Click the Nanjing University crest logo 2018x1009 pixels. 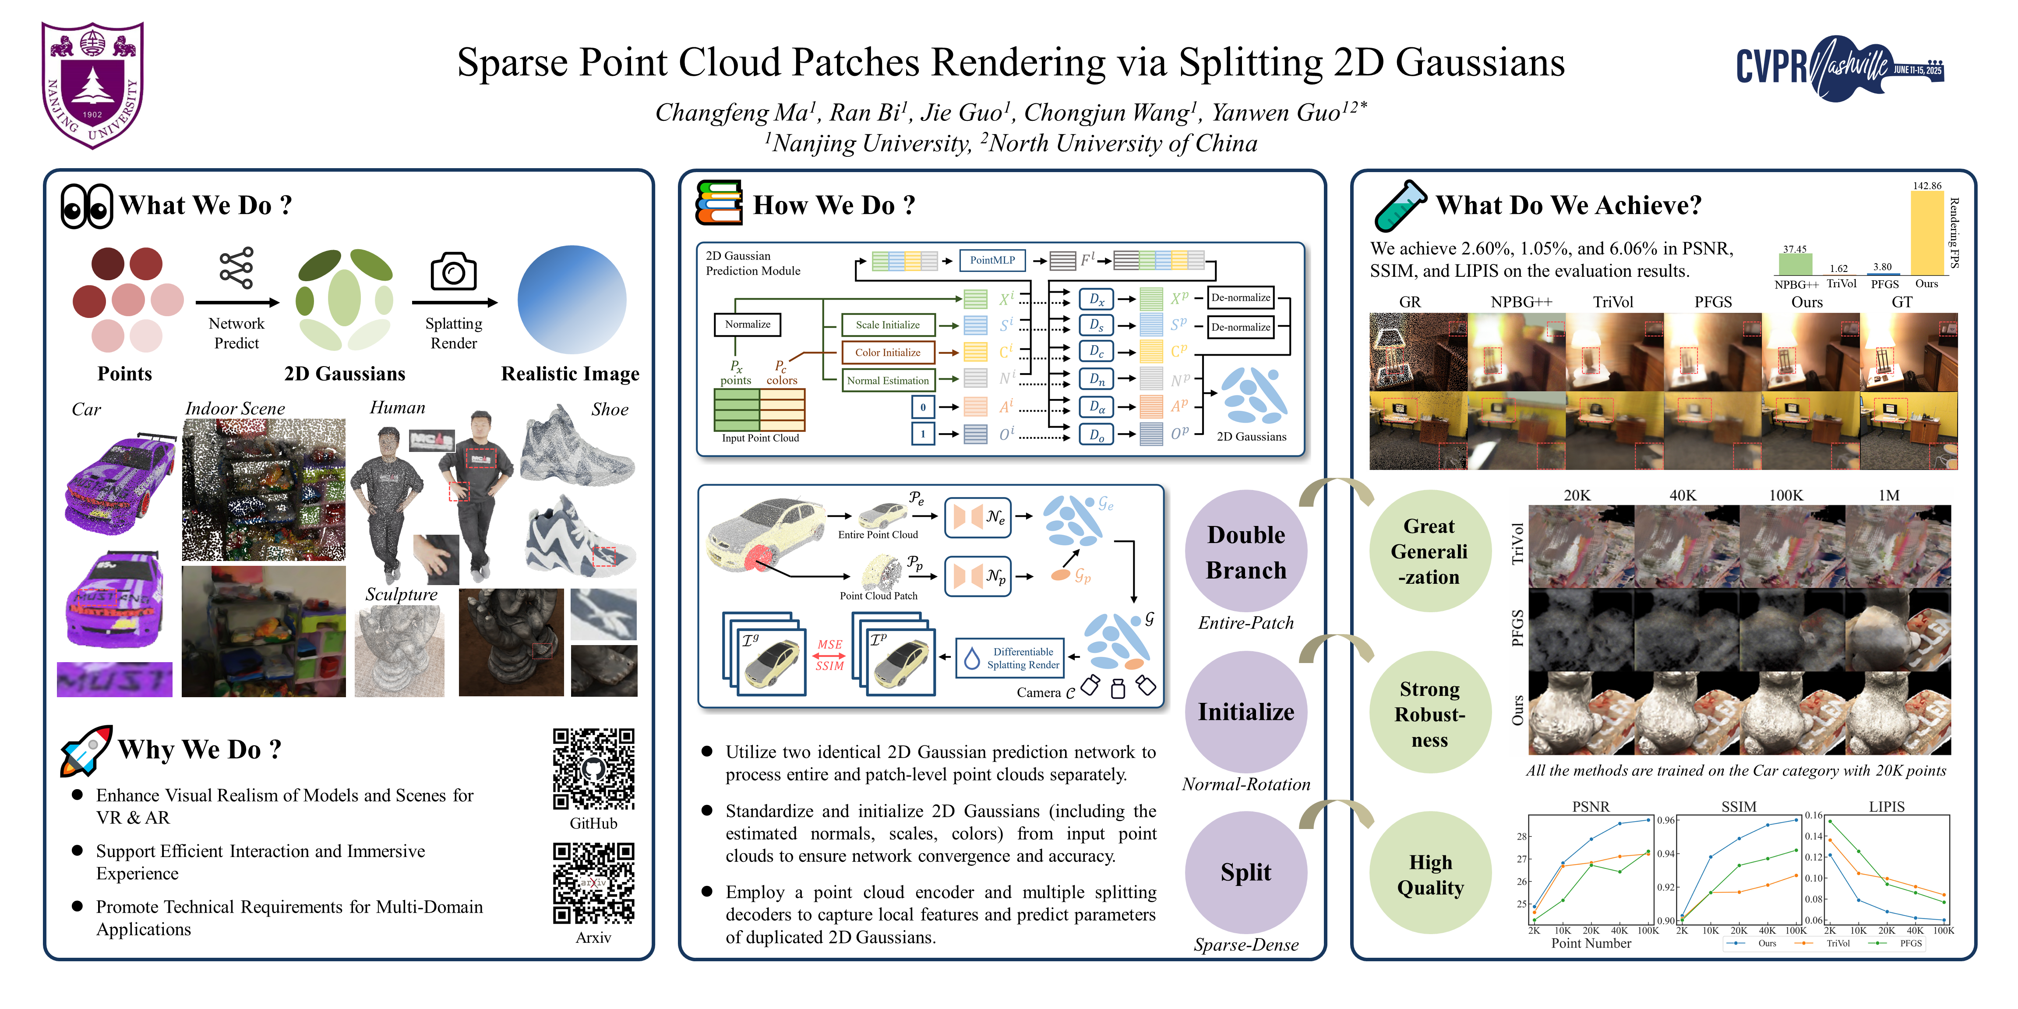[92, 85]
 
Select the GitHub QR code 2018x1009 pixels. [593, 769]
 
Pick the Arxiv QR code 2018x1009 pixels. [593, 883]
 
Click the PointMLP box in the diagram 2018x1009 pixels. [992, 260]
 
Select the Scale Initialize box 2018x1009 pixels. [888, 325]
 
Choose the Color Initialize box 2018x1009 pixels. [888, 353]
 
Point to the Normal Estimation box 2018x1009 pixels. [888, 381]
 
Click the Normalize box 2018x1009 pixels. [748, 325]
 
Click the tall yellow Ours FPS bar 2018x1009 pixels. [1926, 233]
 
